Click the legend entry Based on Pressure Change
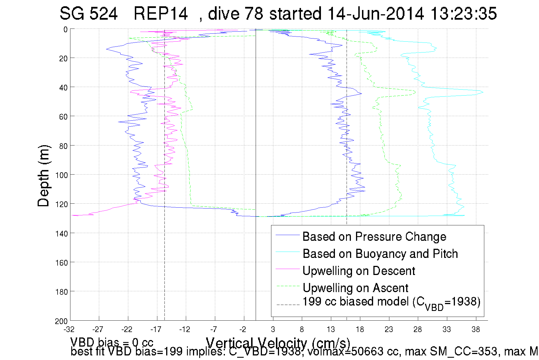point(374,236)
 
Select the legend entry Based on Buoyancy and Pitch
point(380,254)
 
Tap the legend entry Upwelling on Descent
point(359,271)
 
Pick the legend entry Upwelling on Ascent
point(355,288)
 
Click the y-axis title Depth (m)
point(44,176)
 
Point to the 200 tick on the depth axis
point(62,321)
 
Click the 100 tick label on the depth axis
point(62,175)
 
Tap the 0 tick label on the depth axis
point(66,29)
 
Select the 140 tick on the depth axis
point(62,234)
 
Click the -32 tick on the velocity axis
point(69,329)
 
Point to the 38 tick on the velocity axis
point(476,329)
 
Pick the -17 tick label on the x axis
point(156,329)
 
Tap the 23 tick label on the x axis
point(389,329)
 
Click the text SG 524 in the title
point(89,14)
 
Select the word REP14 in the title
point(160,14)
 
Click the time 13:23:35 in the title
point(463,14)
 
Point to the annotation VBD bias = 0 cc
point(112,342)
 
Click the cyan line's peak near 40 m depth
point(483,92)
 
